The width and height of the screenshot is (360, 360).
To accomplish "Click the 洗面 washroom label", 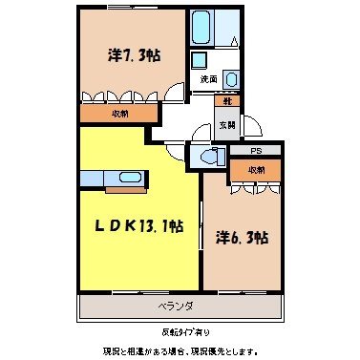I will [209, 77].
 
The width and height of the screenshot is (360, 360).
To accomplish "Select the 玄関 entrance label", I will [227, 123].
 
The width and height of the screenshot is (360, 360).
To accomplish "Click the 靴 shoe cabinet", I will [228, 101].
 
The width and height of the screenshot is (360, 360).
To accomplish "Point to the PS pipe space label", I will [255, 151].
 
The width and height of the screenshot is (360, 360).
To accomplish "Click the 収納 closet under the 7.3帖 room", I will [118, 113].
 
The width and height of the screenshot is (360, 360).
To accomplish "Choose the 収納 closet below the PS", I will [256, 169].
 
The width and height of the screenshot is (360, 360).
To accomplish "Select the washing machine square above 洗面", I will [201, 57].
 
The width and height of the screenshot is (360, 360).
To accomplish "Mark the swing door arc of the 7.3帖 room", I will [174, 93].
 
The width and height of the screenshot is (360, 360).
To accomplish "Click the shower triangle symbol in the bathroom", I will [234, 39].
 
